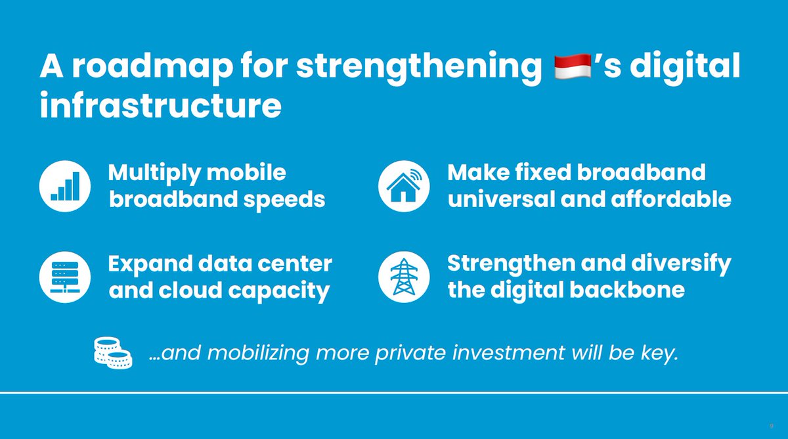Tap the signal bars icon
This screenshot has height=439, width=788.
65,186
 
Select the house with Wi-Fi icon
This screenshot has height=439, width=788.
404,186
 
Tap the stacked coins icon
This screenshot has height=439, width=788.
112,352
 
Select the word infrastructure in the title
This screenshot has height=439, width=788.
160,106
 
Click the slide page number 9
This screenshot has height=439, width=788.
772,427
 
